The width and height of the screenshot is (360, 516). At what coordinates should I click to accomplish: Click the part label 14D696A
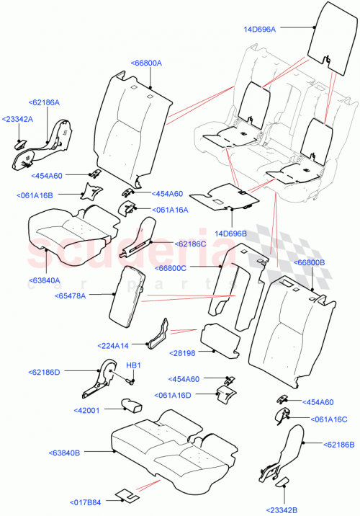pos(264,29)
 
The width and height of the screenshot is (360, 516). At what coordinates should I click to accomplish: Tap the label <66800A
pos(146,63)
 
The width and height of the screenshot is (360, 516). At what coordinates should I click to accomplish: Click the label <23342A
pos(17,118)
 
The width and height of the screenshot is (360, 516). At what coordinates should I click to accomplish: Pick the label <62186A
pos(45,104)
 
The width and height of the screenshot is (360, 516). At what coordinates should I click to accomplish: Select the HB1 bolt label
pos(132,365)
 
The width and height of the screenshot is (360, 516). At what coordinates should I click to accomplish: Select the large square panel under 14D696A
pos(326,40)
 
